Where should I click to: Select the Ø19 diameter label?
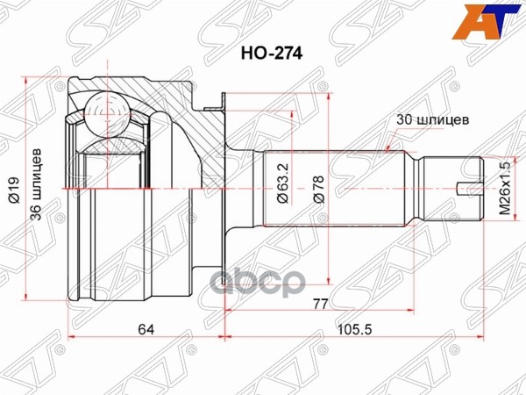(14, 190)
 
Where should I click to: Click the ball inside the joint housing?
(109, 114)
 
